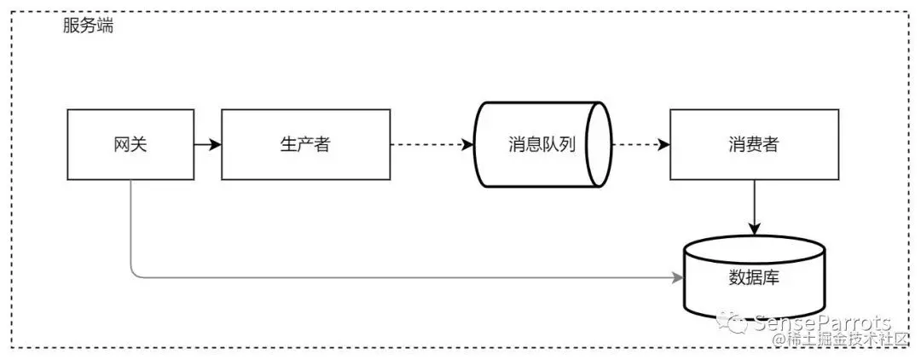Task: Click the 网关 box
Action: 130,144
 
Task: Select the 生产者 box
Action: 305,144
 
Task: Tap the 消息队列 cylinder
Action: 542,144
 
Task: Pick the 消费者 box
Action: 754,144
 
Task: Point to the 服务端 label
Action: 88,26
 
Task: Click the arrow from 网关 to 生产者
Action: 207,144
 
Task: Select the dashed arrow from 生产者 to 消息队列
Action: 432,144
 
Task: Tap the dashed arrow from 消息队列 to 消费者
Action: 640,144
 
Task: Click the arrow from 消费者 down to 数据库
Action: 754,207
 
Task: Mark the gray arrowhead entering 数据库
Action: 679,277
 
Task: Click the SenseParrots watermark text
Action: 822,323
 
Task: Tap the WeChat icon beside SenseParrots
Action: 734,322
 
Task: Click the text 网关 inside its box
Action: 130,144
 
